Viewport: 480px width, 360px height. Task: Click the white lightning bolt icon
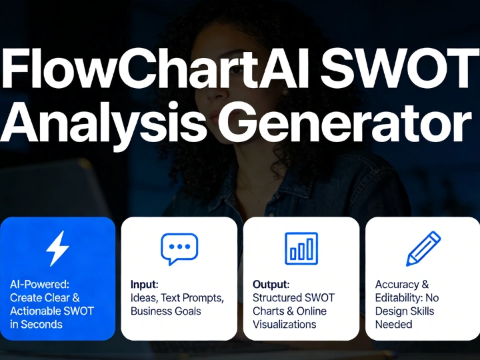pos(57,248)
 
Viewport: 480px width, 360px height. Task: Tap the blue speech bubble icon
pos(179,249)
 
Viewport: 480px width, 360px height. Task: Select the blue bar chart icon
pos(301,249)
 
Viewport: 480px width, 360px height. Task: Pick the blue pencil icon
pos(423,248)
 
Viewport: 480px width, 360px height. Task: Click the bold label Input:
pos(145,285)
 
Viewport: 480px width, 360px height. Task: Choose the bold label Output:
pos(271,285)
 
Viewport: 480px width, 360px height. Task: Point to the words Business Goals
pos(166,311)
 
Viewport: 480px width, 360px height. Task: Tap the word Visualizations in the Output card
pos(285,325)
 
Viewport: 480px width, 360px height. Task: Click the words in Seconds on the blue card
pos(37,325)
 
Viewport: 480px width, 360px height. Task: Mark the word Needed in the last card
pos(393,325)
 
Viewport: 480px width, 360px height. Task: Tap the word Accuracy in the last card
pos(397,285)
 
